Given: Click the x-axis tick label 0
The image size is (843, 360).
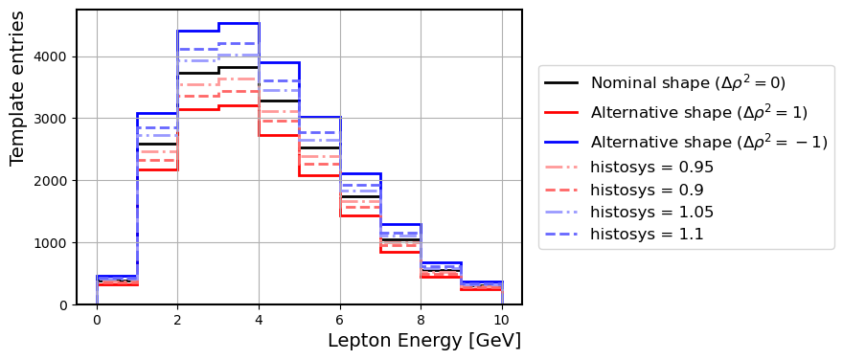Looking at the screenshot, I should [x=97, y=320].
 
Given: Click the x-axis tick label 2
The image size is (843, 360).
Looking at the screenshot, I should [x=178, y=320].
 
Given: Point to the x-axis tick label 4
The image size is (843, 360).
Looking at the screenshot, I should [x=259, y=320].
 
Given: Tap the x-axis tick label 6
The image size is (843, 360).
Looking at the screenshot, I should [x=340, y=320].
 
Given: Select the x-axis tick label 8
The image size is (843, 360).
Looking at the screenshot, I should [x=421, y=320].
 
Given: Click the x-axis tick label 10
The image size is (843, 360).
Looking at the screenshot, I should [x=501, y=320].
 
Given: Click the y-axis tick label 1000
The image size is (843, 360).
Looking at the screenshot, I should [x=53, y=243].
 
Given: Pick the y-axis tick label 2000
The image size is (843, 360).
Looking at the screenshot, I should [x=53, y=181].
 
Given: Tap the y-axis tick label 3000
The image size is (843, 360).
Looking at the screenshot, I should [x=53, y=119].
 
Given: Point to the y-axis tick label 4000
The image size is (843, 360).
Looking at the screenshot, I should [x=53, y=56].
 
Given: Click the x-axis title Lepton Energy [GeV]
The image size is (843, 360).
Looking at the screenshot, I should [x=423, y=341].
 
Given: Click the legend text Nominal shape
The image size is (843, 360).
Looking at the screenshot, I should [x=688, y=83].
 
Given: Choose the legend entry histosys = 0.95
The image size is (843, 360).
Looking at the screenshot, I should [x=651, y=168].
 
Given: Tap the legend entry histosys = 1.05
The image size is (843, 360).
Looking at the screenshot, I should [x=651, y=212].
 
